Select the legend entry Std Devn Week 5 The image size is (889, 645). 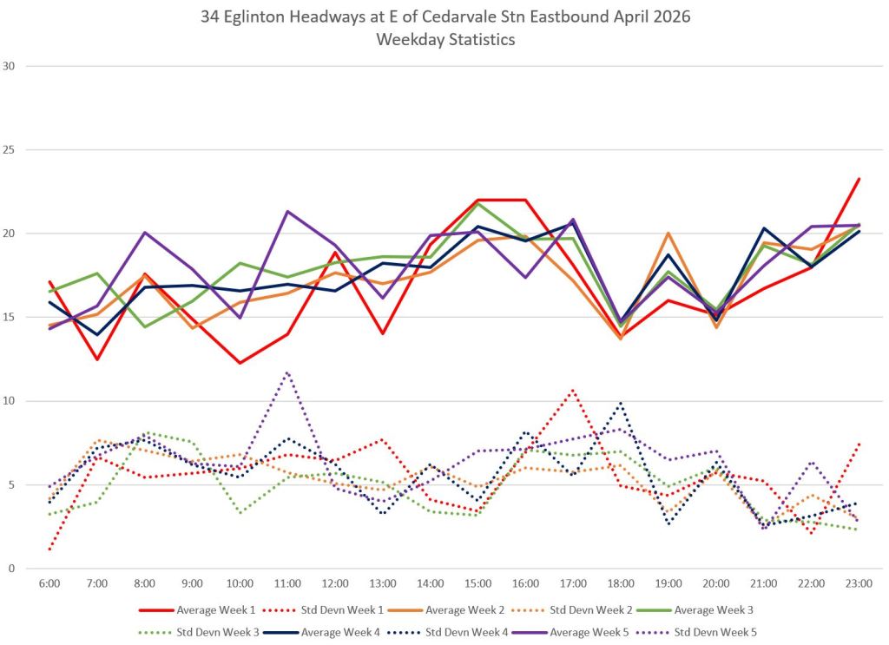coord(697,632)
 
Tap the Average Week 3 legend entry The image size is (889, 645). coord(695,610)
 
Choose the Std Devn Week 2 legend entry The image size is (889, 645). coord(572,610)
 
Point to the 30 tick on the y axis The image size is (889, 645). coord(9,66)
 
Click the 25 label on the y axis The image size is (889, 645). coord(9,149)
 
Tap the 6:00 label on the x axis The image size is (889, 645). coord(49,583)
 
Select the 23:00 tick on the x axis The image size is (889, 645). coord(859,583)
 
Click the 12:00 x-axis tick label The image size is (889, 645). coord(335,583)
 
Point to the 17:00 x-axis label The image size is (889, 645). coord(573,583)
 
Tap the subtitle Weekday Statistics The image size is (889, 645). coord(445,40)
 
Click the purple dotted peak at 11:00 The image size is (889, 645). coord(287,372)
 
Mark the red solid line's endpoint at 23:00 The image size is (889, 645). coord(859,179)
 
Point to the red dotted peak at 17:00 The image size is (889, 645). coord(573,390)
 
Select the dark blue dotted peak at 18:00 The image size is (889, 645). coord(621,403)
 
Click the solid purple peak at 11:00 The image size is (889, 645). coord(287,212)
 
